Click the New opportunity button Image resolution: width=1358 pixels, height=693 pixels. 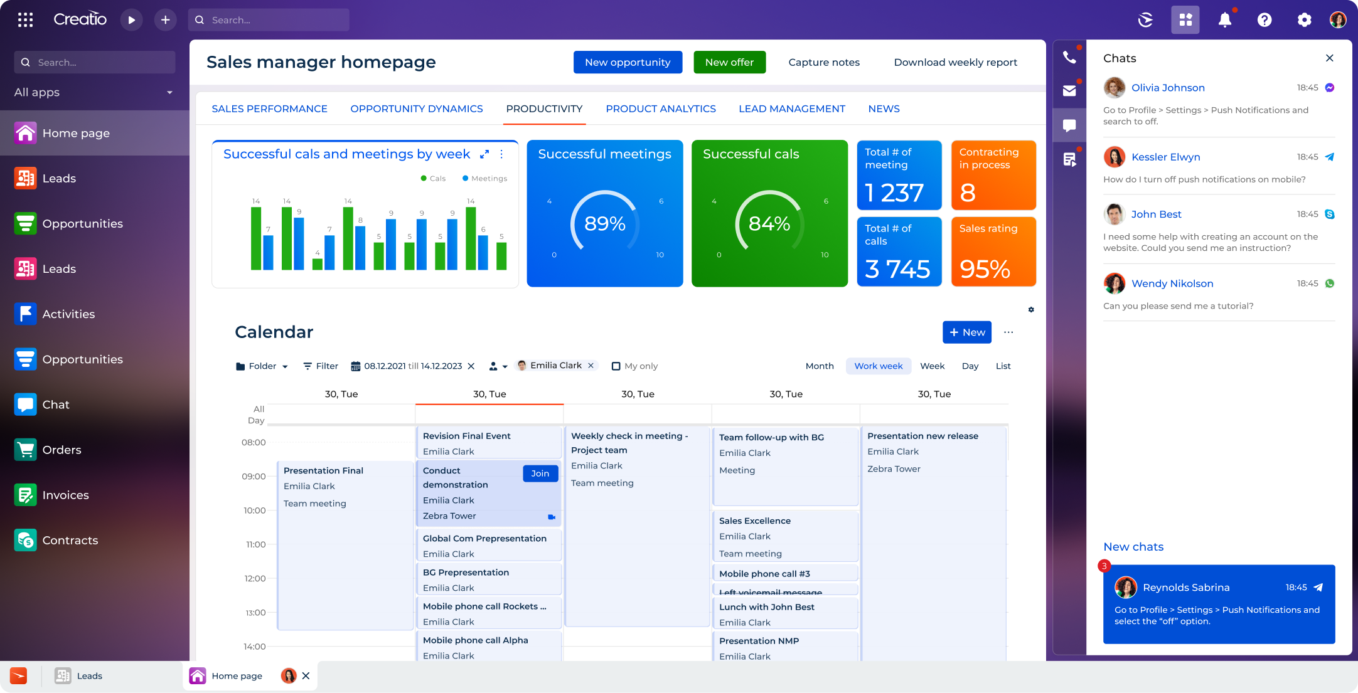point(628,62)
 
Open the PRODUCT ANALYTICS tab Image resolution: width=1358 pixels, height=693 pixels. point(660,108)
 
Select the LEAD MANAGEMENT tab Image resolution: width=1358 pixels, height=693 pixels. point(791,108)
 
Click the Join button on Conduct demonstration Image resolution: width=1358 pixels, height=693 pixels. point(540,473)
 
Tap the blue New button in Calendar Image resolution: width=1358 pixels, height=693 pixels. point(966,332)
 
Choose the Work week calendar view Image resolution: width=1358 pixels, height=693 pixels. point(878,366)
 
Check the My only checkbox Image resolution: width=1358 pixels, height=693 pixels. point(616,366)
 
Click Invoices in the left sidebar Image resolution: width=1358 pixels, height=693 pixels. point(65,495)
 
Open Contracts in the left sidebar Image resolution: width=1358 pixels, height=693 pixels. point(70,540)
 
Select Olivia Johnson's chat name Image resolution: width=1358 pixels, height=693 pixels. point(1167,88)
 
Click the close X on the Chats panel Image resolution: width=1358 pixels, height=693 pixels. point(1329,58)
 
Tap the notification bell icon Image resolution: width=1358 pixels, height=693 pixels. point(1224,20)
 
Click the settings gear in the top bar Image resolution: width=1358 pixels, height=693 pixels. point(1304,20)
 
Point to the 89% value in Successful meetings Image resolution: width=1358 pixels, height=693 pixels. point(604,223)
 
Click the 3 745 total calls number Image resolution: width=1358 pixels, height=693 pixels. point(897,269)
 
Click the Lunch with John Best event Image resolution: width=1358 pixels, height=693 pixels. point(766,607)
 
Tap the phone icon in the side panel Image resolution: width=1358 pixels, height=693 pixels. point(1069,58)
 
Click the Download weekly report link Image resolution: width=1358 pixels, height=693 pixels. point(955,62)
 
